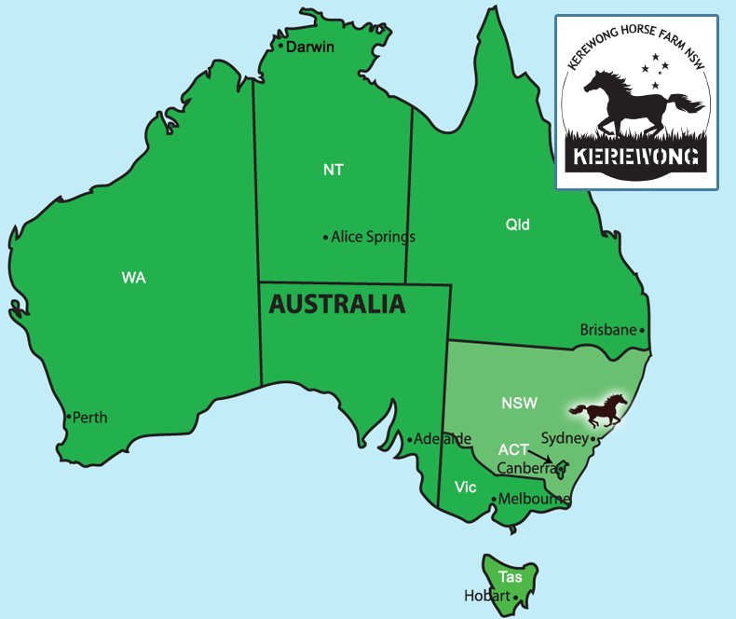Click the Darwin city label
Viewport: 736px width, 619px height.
309,47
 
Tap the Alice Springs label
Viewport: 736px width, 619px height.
373,237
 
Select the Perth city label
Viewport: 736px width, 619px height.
89,418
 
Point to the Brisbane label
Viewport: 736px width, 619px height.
608,330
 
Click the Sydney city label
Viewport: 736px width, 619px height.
564,438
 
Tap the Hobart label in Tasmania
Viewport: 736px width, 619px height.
487,596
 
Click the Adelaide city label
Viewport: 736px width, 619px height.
443,439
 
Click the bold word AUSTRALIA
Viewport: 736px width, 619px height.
337,304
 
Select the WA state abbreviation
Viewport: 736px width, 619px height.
134,278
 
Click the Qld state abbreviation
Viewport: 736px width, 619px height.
518,224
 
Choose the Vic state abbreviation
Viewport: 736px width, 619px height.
466,488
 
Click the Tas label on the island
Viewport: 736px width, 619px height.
510,577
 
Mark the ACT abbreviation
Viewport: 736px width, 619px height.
513,449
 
